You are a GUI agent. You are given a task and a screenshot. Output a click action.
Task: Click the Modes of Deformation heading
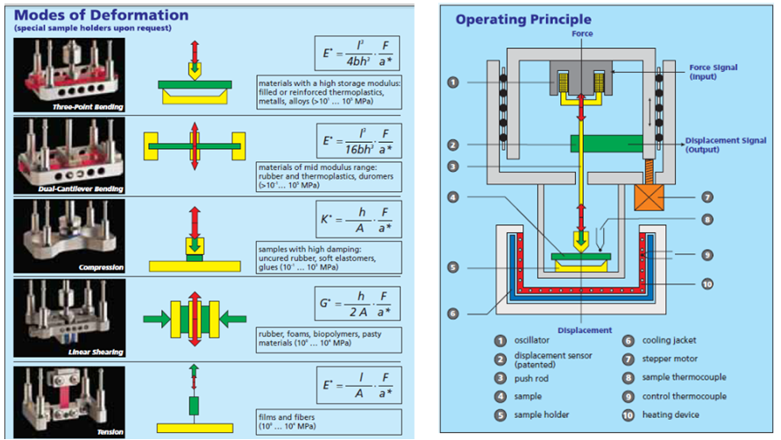[102, 15]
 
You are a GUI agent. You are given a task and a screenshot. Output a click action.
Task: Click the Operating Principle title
[523, 19]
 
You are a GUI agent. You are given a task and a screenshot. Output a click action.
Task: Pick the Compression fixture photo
[70, 236]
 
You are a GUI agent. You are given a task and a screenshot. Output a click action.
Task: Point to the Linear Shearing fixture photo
[70, 318]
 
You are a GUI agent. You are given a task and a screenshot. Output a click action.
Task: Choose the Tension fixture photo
[70, 401]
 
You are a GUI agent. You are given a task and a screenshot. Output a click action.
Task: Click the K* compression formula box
[354, 224]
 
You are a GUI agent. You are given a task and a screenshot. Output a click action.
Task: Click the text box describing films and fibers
[324, 421]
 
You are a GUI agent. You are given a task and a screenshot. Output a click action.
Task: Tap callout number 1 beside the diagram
[452, 82]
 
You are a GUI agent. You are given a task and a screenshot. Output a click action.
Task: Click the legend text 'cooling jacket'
[671, 341]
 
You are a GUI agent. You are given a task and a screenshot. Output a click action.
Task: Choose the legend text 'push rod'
[537, 378]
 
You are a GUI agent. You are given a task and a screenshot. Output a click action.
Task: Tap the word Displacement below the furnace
[586, 330]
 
